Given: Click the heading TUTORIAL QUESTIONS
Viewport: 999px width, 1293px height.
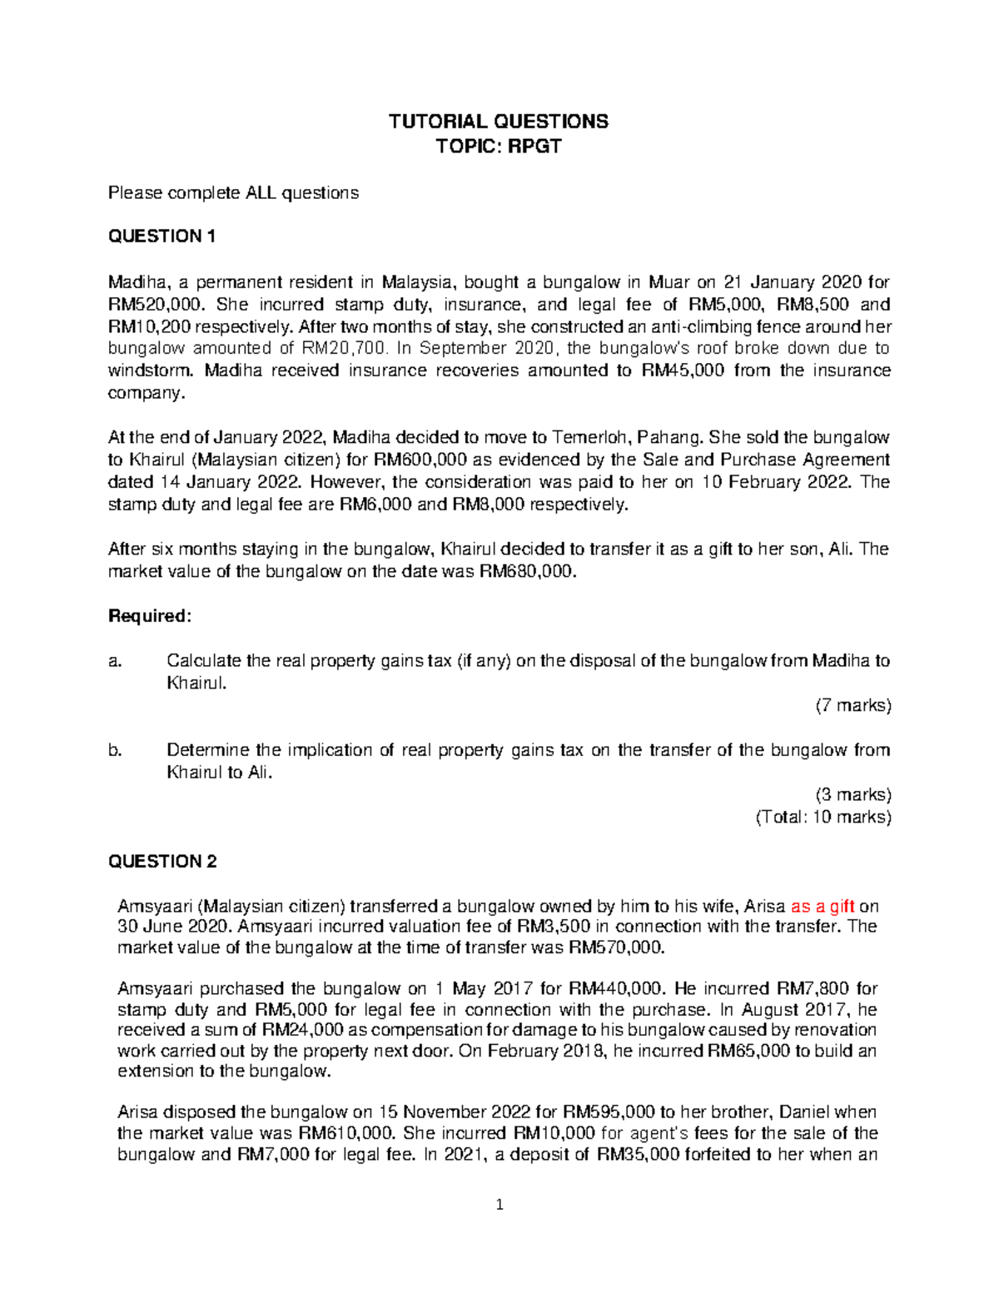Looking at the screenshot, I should click(499, 122).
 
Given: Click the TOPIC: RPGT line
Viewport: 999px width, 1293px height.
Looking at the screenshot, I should click(499, 147).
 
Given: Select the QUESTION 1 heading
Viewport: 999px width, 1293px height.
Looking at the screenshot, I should click(162, 236).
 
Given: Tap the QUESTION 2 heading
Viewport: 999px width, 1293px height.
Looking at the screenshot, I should click(162, 862).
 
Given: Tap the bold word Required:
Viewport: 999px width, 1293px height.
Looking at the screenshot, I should click(150, 616).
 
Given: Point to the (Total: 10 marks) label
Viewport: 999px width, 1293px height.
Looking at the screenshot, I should click(823, 817).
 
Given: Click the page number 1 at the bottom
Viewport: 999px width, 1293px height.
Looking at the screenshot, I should click(499, 1205).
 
